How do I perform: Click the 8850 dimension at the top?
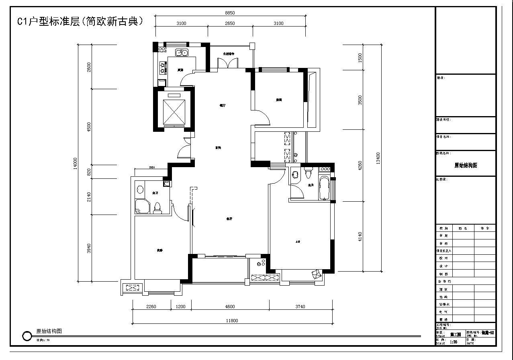[230, 13]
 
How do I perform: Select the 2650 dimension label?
[230, 23]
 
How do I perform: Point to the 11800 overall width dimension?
[232, 321]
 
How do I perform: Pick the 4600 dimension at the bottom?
[230, 307]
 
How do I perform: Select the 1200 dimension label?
[181, 307]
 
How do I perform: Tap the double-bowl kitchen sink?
[182, 52]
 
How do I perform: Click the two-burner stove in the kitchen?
[163, 67]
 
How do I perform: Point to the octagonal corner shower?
[142, 206]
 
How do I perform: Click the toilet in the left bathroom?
[157, 207]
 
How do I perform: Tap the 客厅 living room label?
[229, 219]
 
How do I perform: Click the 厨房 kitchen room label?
[180, 70]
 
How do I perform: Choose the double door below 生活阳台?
[227, 63]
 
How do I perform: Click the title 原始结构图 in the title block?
[466, 165]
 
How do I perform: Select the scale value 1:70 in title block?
[454, 342]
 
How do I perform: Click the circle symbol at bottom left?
[27, 336]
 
